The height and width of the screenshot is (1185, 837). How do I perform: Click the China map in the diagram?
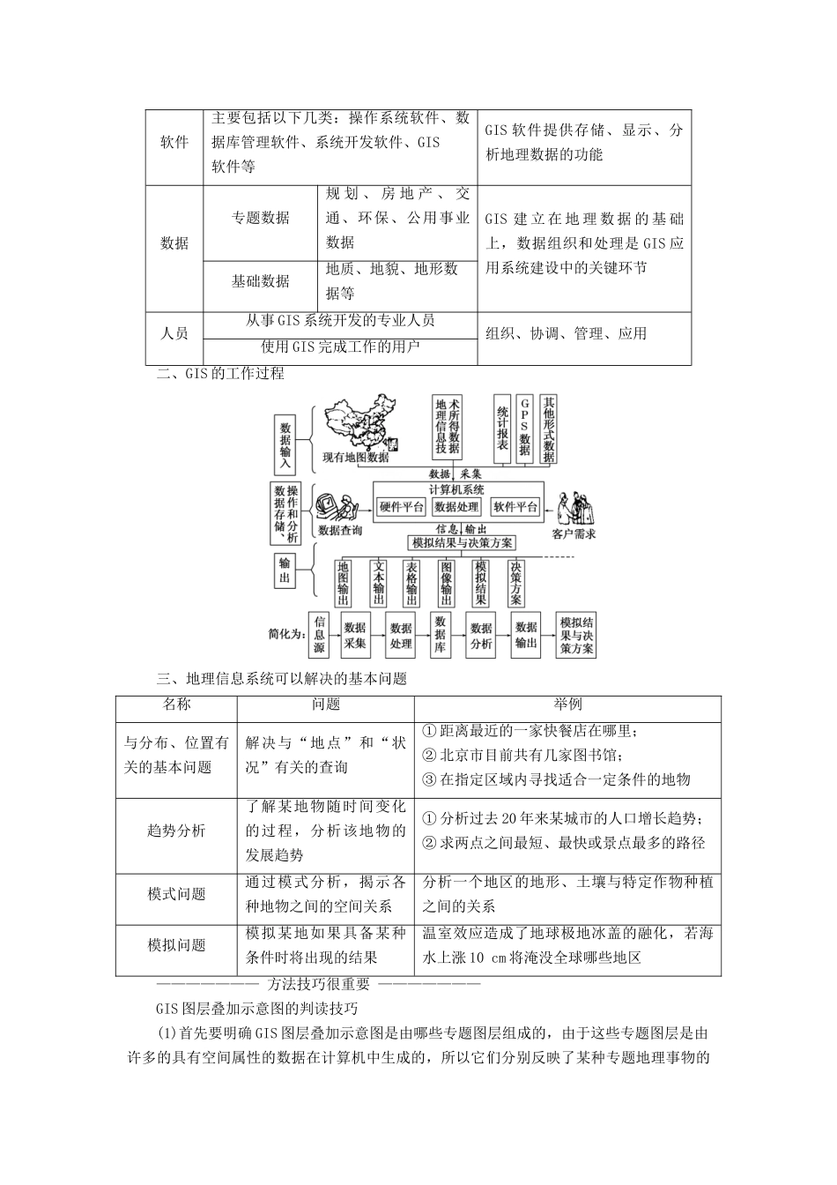[360, 426]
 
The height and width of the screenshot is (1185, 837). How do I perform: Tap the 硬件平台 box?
[401, 507]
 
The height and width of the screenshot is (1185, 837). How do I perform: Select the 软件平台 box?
[515, 507]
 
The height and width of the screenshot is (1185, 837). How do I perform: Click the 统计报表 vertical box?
[502, 428]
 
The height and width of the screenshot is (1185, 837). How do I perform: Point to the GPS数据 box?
[525, 428]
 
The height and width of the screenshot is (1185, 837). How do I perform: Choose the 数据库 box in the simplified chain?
[440, 633]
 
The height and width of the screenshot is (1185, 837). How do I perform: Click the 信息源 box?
[319, 633]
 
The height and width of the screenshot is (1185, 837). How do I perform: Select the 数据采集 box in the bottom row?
[355, 634]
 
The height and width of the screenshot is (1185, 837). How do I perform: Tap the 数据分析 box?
[480, 634]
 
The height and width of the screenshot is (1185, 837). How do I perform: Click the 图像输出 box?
[447, 583]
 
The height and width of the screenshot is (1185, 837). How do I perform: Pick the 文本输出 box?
[379, 583]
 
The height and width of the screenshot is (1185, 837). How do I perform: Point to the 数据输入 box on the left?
[285, 443]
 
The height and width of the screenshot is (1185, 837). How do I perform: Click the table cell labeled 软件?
[174, 143]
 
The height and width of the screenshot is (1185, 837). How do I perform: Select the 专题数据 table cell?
[260, 218]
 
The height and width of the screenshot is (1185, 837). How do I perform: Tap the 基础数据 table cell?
[260, 281]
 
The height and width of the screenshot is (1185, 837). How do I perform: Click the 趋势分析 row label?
[176, 831]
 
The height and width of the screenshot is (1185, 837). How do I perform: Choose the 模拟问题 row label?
[176, 945]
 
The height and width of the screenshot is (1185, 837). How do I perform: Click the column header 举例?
[567, 704]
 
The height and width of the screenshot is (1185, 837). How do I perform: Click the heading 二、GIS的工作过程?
[220, 374]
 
